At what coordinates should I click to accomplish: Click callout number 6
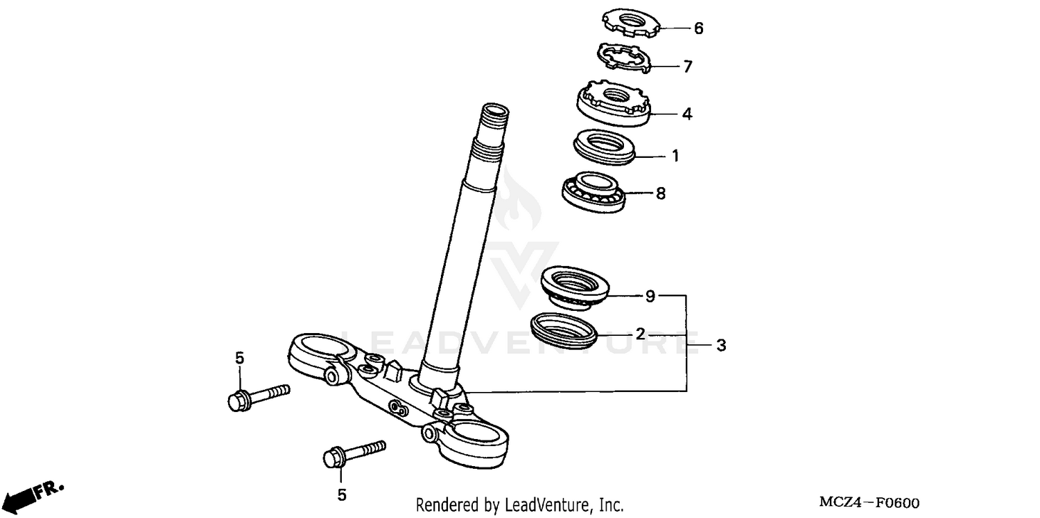pos(698,28)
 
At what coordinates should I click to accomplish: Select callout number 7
pos(687,66)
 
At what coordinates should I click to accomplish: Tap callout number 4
pos(686,114)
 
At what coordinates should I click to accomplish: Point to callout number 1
pos(675,156)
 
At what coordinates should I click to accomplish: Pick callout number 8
pos(660,194)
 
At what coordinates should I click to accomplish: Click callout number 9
pos(650,296)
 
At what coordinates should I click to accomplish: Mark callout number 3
pos(721,345)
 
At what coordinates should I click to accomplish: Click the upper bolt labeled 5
pos(257,396)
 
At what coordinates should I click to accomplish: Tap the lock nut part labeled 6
pos(629,21)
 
